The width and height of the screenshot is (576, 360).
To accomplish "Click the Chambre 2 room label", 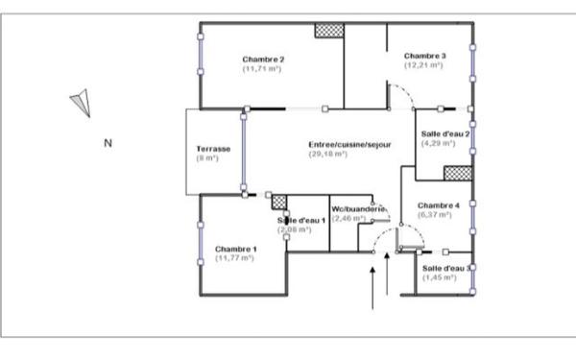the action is [262, 60].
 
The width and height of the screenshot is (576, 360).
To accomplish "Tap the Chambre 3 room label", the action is [423, 56].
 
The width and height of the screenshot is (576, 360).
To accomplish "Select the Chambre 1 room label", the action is [235, 250].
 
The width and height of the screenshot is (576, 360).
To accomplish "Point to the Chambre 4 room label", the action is [439, 205].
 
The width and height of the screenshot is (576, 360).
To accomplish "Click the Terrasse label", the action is [212, 149].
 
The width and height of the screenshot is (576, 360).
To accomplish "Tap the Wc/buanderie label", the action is [358, 208].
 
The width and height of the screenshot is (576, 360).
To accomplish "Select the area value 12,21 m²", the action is [423, 65].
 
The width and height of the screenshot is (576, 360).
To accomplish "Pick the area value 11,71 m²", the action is [262, 69].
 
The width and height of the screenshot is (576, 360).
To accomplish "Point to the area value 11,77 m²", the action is [235, 259].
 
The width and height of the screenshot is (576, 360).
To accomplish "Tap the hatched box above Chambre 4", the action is [456, 173].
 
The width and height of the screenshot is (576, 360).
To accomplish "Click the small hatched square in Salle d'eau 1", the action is [279, 202].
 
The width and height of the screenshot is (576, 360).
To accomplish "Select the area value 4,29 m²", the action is [437, 143].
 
